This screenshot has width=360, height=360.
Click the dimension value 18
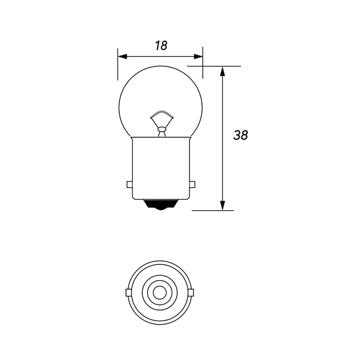pos(161,46)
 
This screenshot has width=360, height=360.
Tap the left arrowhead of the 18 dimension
pos(122,56)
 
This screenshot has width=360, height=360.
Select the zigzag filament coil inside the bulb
pos(161,115)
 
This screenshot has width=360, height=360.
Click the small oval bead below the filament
pos(161,130)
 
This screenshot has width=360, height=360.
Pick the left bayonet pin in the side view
pos(129,184)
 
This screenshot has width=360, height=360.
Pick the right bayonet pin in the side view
pos(193,184)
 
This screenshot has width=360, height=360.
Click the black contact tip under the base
pos(161,206)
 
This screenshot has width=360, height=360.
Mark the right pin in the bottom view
pos(191,292)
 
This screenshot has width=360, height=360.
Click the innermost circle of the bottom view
pos(160,292)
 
